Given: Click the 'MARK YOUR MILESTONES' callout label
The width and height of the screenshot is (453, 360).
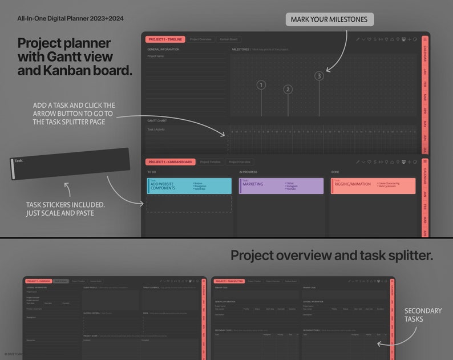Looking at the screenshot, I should tap(330, 19).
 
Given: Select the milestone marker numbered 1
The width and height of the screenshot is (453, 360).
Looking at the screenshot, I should tap(261, 85).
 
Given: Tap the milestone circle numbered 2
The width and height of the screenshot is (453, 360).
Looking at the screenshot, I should tap(288, 89).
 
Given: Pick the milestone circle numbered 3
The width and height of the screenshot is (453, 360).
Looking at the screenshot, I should tap(319, 76).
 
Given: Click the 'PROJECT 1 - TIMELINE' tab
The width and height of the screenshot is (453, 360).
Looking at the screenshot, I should tap(165, 39).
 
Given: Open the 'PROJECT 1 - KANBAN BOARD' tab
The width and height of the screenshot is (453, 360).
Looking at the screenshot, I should tap(170, 162).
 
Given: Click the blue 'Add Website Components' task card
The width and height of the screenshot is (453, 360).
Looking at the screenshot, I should tap(189, 185).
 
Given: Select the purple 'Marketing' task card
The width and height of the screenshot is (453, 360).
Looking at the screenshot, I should tap(281, 185).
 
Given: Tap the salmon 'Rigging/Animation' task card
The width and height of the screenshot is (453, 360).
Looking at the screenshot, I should tap(373, 185).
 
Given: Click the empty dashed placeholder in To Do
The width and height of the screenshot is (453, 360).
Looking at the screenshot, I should tap(189, 204).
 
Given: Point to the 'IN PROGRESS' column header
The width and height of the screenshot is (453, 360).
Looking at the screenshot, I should tap(248, 172).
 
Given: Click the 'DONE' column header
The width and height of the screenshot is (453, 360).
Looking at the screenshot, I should tap(335, 172).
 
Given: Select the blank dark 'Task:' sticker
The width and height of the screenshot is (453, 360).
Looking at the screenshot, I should tap(70, 164).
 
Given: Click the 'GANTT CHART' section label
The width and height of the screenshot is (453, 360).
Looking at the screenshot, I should tap(157, 121).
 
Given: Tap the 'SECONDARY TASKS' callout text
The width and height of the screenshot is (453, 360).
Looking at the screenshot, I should tap(423, 315).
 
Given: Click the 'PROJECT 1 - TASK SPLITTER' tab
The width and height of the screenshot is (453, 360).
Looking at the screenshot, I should tap(230, 281).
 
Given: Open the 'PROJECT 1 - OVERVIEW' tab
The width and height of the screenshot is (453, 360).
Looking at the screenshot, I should tap(38, 281).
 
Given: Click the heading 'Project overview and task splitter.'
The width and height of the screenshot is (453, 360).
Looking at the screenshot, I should tap(331, 255).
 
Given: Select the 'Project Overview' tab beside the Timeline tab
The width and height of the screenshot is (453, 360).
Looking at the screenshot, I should tap(201, 39).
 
